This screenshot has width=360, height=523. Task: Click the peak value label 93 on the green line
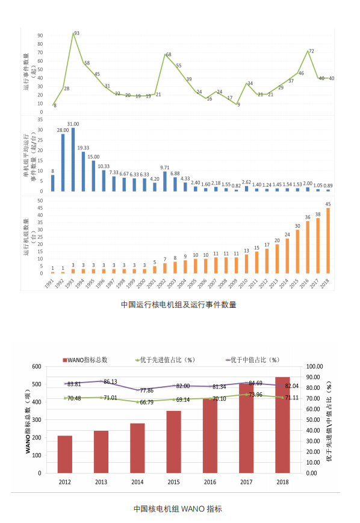point(76,33)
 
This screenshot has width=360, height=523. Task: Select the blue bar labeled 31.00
point(73,159)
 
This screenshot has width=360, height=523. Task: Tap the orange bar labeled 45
point(327,240)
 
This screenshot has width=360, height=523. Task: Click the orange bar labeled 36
point(307,247)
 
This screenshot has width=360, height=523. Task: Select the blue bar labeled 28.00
point(63,162)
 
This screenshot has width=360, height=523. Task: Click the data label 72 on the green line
point(312,51)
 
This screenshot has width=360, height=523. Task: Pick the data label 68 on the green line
point(169,55)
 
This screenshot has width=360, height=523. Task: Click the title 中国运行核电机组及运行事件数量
point(179,304)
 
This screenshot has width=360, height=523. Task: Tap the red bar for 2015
point(174,442)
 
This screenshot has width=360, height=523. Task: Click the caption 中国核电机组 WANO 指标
point(179,509)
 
